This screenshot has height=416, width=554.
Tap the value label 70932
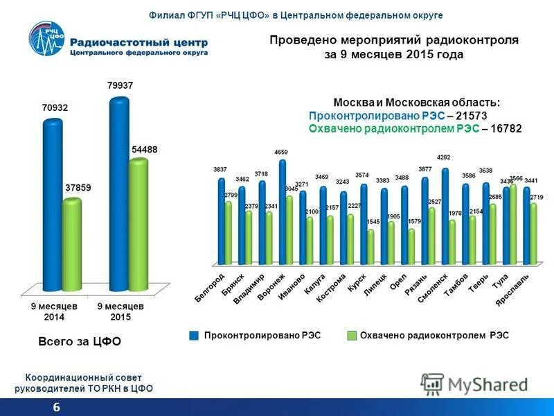[55, 108]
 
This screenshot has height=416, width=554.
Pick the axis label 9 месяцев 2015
[120, 311]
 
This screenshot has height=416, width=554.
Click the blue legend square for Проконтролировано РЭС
[194, 336]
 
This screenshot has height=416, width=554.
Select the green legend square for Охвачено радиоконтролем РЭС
[351, 336]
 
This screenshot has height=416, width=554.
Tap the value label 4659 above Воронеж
[281, 152]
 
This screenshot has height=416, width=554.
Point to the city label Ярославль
[513, 292]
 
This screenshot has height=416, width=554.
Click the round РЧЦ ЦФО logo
[48, 42]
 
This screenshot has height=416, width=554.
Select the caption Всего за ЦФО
[79, 341]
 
